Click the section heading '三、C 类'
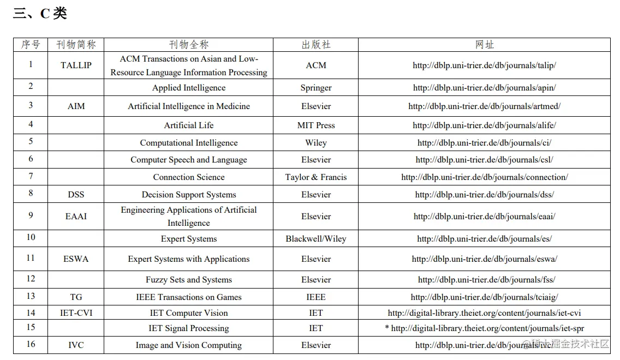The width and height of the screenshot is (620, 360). [40, 14]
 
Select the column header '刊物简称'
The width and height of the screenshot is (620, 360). [76, 45]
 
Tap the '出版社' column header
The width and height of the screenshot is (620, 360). [315, 45]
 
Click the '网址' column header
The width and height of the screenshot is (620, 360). [484, 45]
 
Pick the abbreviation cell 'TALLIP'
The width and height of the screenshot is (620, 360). [76, 65]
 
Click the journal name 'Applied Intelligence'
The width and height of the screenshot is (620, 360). [188, 88]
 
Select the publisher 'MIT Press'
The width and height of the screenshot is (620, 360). [315, 125]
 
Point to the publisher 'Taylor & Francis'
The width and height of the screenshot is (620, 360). [315, 177]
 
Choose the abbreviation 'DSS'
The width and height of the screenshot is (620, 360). [76, 195]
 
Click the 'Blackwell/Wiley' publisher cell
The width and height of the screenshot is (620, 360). [315, 239]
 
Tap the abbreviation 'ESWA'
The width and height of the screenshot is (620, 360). [76, 259]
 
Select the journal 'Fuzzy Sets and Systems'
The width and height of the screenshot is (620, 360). [188, 280]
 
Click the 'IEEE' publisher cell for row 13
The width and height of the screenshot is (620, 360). [315, 297]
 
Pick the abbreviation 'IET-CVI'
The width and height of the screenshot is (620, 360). [76, 313]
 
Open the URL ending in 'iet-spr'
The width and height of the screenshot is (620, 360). [487, 328]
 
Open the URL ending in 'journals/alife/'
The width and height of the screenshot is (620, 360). [484, 125]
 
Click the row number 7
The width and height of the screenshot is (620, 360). [31, 176]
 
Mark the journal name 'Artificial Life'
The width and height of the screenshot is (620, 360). [188, 125]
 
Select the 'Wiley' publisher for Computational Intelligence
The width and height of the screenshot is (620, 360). [315, 143]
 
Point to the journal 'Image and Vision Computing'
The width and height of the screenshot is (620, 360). [188, 345]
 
